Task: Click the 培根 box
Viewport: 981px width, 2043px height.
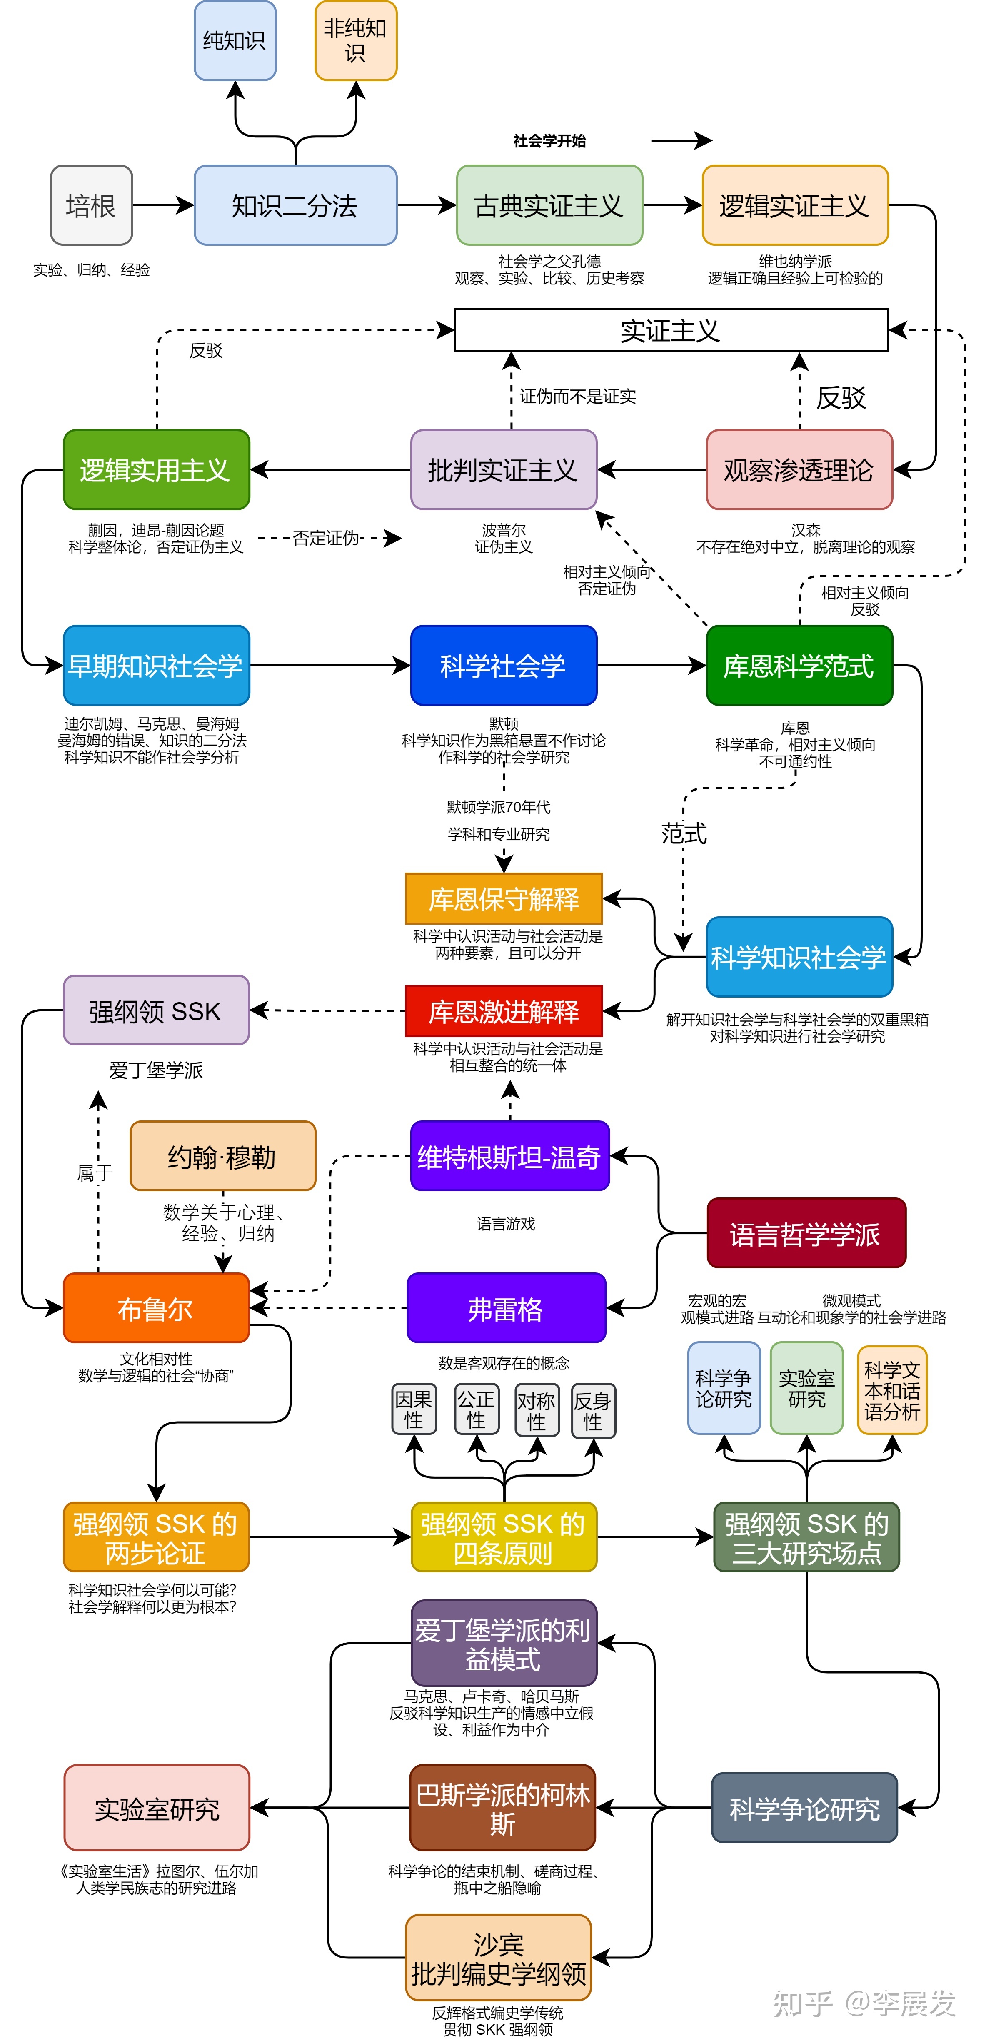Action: click(x=91, y=205)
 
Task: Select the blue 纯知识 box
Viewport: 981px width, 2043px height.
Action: click(x=235, y=40)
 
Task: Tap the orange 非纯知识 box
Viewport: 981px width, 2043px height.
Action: click(x=355, y=40)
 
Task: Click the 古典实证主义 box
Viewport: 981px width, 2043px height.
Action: click(x=549, y=205)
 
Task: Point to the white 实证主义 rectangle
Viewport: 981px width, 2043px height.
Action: click(x=671, y=330)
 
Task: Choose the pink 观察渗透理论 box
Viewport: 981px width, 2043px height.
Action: click(x=799, y=469)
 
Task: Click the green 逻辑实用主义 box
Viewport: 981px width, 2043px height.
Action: click(x=156, y=469)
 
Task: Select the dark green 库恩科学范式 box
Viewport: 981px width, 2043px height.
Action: click(x=799, y=666)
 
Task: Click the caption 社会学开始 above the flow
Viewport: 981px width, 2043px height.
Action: click(x=549, y=141)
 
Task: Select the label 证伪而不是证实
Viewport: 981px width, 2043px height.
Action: click(x=577, y=397)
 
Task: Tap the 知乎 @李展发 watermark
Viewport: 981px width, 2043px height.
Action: click(x=864, y=2003)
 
